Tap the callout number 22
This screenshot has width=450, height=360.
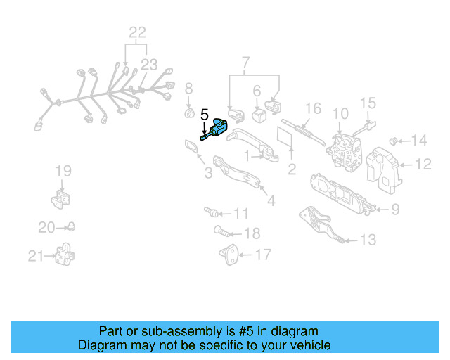137,32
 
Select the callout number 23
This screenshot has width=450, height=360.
148,65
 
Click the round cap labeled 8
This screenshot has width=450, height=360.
188,113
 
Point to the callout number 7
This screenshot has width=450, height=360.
245,64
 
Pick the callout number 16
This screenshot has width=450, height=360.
313,108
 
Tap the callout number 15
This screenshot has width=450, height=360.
368,103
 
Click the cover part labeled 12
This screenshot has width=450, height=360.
386,172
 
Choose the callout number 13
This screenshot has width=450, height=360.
368,240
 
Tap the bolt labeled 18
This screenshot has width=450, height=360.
219,230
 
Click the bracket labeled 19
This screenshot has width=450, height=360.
60,197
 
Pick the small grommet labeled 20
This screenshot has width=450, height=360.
71,226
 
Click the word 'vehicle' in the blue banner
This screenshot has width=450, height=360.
307,345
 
